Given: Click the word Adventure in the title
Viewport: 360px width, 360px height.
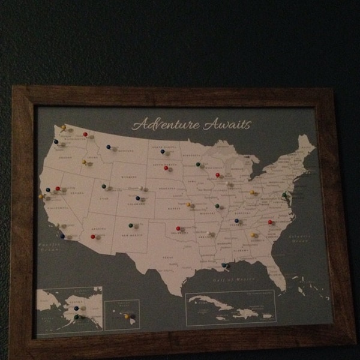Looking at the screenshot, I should (x=166, y=125).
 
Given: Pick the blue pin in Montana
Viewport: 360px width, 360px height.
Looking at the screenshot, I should (x=108, y=146).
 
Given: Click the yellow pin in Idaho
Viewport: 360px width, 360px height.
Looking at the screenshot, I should (x=85, y=162).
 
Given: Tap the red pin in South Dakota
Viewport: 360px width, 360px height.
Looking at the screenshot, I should (x=166, y=168).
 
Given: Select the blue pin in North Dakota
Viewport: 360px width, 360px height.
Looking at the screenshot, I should (x=162, y=151).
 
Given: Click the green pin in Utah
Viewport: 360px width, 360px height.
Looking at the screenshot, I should (x=103, y=186).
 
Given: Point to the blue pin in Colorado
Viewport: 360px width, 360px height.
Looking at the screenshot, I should (x=137, y=198).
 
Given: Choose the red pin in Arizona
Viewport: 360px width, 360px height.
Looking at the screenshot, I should (x=93, y=236).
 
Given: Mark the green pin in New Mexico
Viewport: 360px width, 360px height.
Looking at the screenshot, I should (x=130, y=226).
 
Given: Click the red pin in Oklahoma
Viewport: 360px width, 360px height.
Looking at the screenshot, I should (x=178, y=228).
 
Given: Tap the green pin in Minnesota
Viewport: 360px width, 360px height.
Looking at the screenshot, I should (x=197, y=164).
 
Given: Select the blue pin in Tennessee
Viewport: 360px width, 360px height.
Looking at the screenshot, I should (x=236, y=220).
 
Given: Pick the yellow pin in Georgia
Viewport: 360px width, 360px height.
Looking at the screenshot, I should (x=252, y=235).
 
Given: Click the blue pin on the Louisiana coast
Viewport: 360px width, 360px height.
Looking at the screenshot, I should (x=223, y=265).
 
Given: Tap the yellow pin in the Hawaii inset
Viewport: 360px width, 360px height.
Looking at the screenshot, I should (x=126, y=316).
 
